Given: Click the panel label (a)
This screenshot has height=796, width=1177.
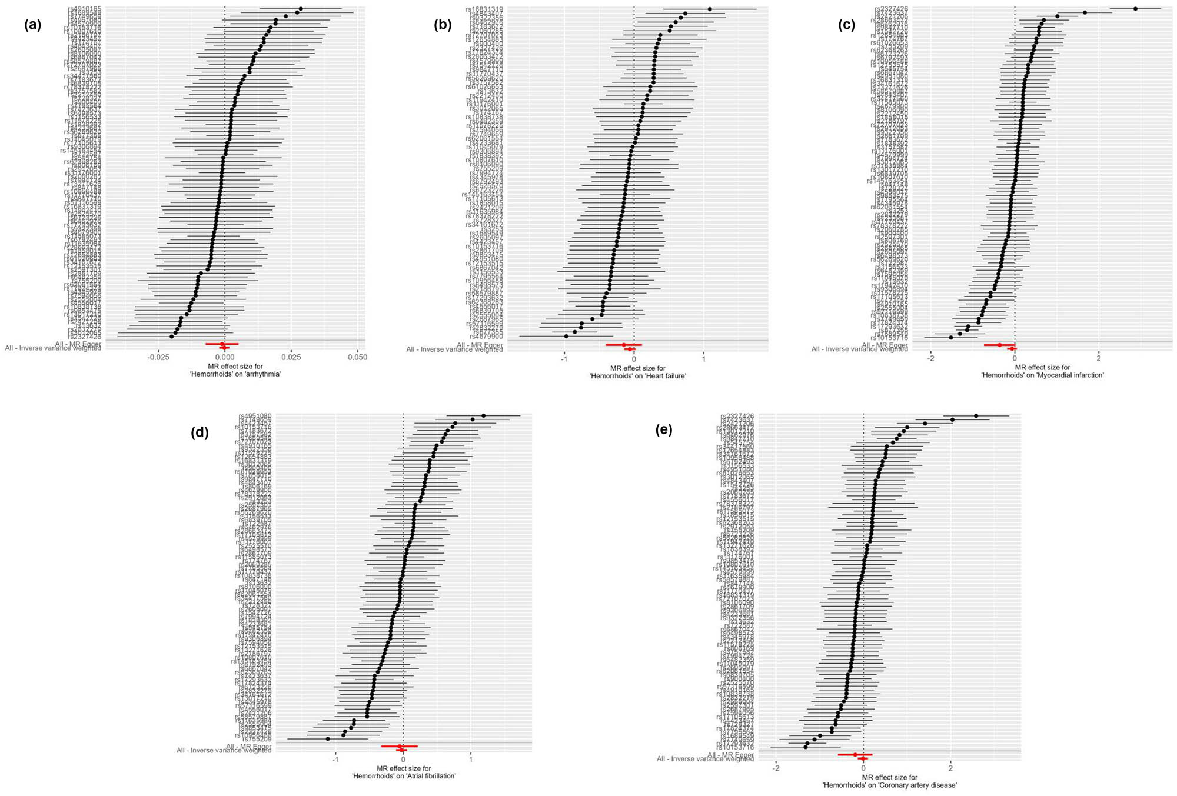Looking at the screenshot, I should coord(33,25).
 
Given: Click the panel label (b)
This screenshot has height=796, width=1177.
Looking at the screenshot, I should coord(443,25).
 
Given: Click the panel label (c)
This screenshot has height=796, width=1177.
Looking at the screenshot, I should coord(847,25).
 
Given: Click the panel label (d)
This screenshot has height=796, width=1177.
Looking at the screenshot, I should coord(200,432).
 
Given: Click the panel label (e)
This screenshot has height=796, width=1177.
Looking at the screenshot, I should coord(664,429).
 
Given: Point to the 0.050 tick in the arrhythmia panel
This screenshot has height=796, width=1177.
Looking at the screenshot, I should coord(357,357).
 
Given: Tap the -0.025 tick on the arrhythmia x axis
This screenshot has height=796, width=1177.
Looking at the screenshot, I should coord(157,357).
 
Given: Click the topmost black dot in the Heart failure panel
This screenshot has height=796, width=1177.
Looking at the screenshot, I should coord(710,9).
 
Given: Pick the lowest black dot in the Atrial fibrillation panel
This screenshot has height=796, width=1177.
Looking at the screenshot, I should coord(328,738).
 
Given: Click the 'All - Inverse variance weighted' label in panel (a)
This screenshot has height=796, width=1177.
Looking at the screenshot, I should coord(53,348).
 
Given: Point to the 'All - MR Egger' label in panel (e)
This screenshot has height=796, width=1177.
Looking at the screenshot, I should coord(730,755).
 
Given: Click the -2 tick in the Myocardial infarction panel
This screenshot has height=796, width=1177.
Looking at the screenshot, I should coord(930,357).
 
